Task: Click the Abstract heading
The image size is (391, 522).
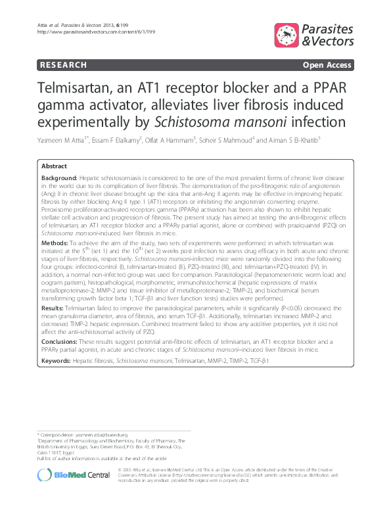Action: click(55, 166)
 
